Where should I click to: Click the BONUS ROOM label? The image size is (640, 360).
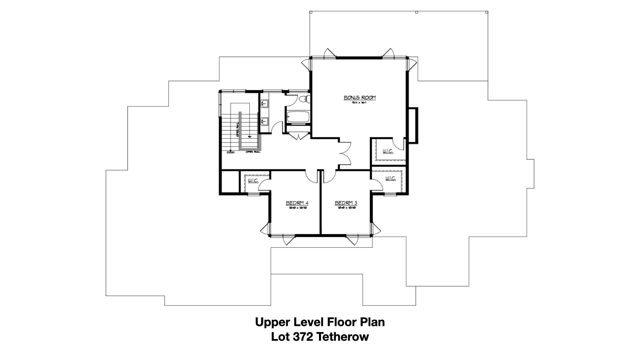[x=360, y=98]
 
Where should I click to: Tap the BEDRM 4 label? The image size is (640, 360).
[x=297, y=203]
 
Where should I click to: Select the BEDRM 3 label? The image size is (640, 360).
[x=346, y=203]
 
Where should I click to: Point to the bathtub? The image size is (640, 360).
[x=298, y=117]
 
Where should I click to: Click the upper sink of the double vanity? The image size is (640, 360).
[x=265, y=104]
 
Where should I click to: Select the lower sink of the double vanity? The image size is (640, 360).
[x=265, y=121]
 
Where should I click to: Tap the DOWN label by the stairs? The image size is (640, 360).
[x=231, y=153]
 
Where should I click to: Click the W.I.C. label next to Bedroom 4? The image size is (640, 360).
[x=253, y=181]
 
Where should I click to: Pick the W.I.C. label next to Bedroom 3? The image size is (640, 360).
[x=390, y=179]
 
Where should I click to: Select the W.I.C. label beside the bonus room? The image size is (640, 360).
[x=388, y=152]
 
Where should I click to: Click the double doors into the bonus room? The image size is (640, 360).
[x=345, y=153]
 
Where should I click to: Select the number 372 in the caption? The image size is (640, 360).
[x=302, y=337]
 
